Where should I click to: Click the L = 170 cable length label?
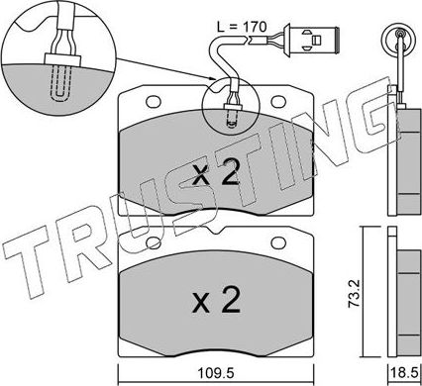click(x=242, y=27)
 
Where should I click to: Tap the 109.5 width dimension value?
click(x=216, y=373)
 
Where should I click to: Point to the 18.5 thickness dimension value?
click(x=404, y=373)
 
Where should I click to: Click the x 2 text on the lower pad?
click(x=216, y=300)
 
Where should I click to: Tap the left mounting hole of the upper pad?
click(x=154, y=102)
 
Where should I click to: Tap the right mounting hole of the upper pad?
click(x=278, y=102)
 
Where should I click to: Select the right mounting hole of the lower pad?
click(x=278, y=243)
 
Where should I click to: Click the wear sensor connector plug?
click(x=314, y=40)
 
